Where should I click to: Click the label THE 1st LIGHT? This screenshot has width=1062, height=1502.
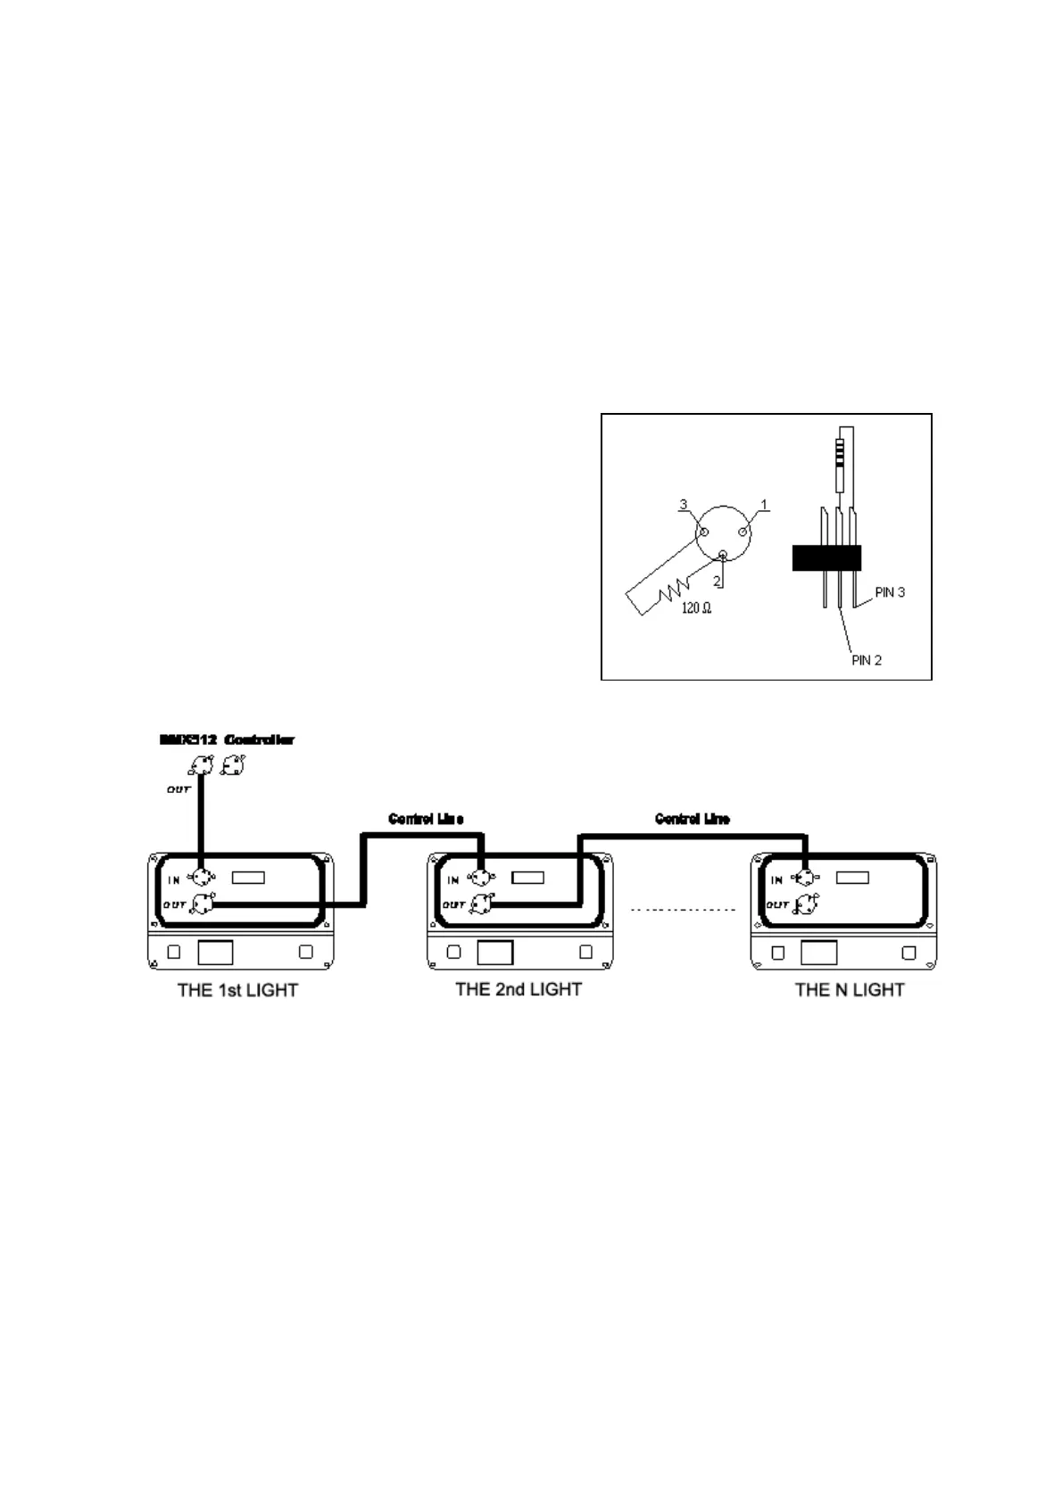237,990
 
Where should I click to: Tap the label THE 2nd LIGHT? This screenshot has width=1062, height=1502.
518,989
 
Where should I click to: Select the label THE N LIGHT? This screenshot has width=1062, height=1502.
849,990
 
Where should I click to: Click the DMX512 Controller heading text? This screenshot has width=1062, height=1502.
227,739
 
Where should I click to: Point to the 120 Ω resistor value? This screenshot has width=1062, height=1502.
695,608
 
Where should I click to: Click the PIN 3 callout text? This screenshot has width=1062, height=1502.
889,592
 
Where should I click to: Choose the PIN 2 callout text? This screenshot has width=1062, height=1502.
866,661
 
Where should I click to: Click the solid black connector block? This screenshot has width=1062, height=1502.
826,557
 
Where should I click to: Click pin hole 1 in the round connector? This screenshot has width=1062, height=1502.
743,532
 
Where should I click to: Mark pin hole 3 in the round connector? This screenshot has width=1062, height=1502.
703,532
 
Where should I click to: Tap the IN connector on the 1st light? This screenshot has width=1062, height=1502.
203,879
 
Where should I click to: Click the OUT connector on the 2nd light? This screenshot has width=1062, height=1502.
481,904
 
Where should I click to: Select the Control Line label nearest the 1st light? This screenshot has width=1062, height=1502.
426,819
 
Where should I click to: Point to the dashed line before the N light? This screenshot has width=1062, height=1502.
683,910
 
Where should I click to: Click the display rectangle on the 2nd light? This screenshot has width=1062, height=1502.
527,878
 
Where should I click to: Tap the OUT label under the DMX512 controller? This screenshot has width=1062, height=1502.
178,789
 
